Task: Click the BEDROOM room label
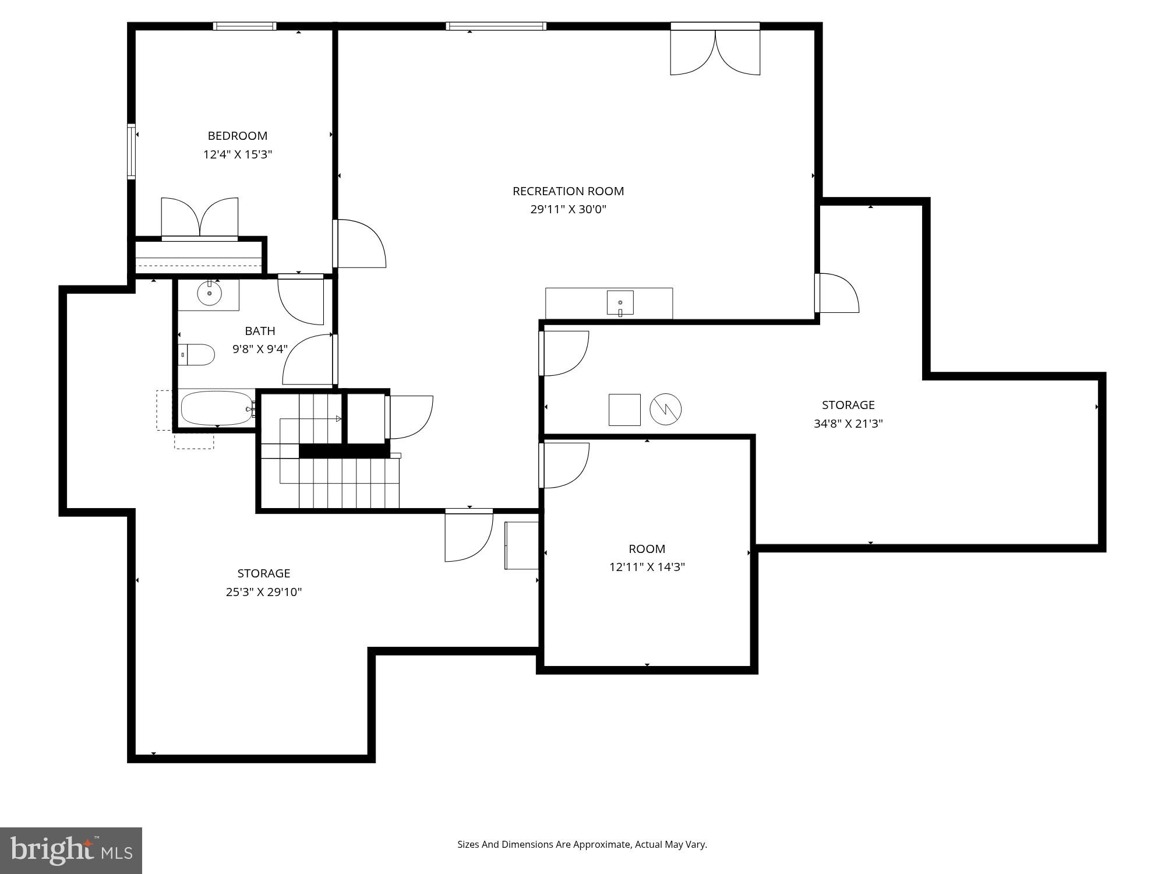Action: tap(238, 136)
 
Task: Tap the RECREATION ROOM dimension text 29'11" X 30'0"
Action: tap(568, 209)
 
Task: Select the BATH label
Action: tap(260, 331)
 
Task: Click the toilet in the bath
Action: tap(196, 354)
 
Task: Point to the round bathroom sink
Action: tap(209, 294)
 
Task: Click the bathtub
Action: tap(216, 408)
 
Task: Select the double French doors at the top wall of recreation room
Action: tap(715, 51)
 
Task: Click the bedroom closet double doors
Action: tap(199, 218)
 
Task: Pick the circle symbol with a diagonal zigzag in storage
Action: tap(665, 409)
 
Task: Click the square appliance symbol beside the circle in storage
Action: tap(624, 410)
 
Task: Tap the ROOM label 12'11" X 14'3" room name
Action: tap(647, 549)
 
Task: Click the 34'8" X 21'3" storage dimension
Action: tap(848, 424)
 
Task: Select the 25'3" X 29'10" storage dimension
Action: tap(264, 592)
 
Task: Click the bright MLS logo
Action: tap(70, 851)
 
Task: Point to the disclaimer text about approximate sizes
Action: tap(582, 844)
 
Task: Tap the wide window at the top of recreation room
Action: tap(496, 26)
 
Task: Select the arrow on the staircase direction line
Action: tap(338, 418)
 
